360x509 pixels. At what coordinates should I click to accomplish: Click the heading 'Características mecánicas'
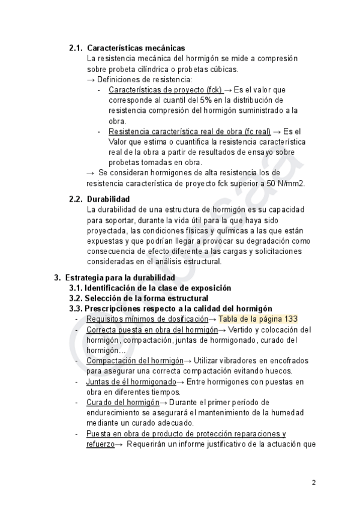(x=136, y=48)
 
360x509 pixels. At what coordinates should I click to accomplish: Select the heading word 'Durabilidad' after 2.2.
(x=108, y=199)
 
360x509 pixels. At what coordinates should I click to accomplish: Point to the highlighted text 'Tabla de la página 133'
(x=258, y=319)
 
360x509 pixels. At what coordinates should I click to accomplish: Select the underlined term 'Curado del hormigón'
(x=122, y=402)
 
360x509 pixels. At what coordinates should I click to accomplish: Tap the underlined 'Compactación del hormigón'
(x=134, y=360)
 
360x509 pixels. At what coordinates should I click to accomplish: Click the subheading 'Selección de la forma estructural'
(x=146, y=298)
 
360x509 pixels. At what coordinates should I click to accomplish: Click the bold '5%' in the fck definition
(x=199, y=100)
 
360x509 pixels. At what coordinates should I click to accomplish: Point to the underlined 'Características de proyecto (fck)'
(x=165, y=89)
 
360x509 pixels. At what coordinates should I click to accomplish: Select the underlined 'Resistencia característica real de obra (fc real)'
(x=189, y=131)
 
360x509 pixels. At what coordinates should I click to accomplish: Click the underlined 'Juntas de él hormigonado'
(x=131, y=381)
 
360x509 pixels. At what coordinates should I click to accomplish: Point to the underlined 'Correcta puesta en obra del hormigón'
(x=151, y=330)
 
